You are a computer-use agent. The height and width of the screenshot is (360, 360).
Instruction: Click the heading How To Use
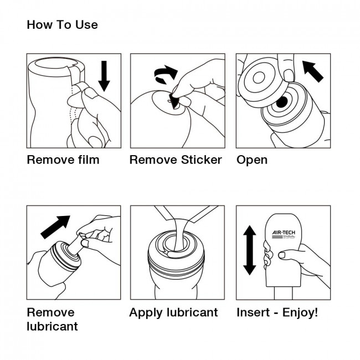(62, 25)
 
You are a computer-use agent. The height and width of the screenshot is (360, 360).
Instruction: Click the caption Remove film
(63, 160)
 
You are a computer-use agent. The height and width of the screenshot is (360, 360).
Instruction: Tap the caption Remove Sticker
(176, 160)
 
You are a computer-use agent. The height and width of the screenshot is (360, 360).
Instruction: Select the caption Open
(252, 161)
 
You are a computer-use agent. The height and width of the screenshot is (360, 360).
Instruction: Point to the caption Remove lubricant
(52, 319)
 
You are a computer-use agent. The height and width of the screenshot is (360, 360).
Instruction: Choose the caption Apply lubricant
(173, 312)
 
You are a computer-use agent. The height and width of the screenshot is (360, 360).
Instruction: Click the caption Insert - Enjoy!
(277, 312)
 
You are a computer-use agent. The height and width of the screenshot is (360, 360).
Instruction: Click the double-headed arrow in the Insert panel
(250, 250)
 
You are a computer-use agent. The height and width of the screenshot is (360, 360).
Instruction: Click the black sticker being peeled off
(174, 101)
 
